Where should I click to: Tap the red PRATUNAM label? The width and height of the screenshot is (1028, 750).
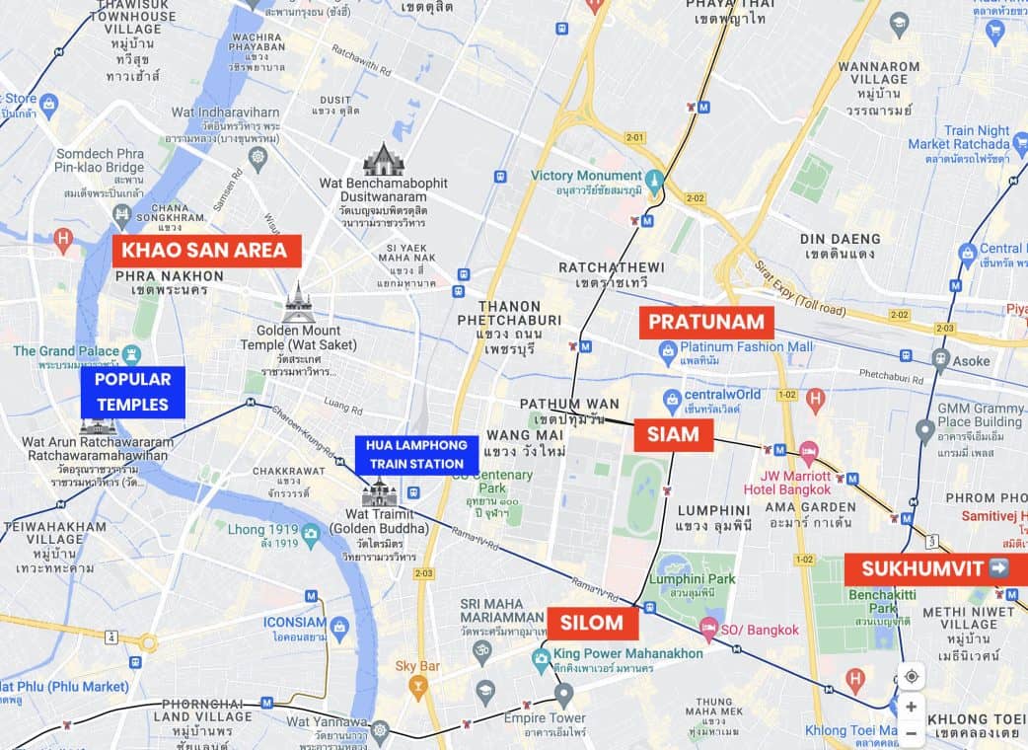click(x=705, y=322)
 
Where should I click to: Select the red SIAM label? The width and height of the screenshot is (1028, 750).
click(x=673, y=434)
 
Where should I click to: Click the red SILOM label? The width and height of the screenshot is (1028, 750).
click(x=592, y=623)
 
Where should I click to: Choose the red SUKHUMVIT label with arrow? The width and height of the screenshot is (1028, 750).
click(x=935, y=568)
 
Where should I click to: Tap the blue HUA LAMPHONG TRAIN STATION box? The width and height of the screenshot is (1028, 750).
click(x=415, y=455)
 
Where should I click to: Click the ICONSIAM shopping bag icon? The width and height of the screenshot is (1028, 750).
click(x=339, y=626)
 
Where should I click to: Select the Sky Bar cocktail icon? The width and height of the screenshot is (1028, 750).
click(x=417, y=687)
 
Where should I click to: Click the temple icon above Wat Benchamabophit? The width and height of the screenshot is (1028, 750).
click(x=383, y=159)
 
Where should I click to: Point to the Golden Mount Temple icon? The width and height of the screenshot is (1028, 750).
click(x=297, y=305)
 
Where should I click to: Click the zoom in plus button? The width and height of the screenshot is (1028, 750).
click(x=911, y=707)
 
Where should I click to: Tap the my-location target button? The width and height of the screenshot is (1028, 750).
click(x=911, y=676)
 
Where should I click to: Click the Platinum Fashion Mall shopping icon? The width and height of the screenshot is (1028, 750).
click(x=668, y=347)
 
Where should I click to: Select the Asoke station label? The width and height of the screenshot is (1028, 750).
click(x=971, y=361)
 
